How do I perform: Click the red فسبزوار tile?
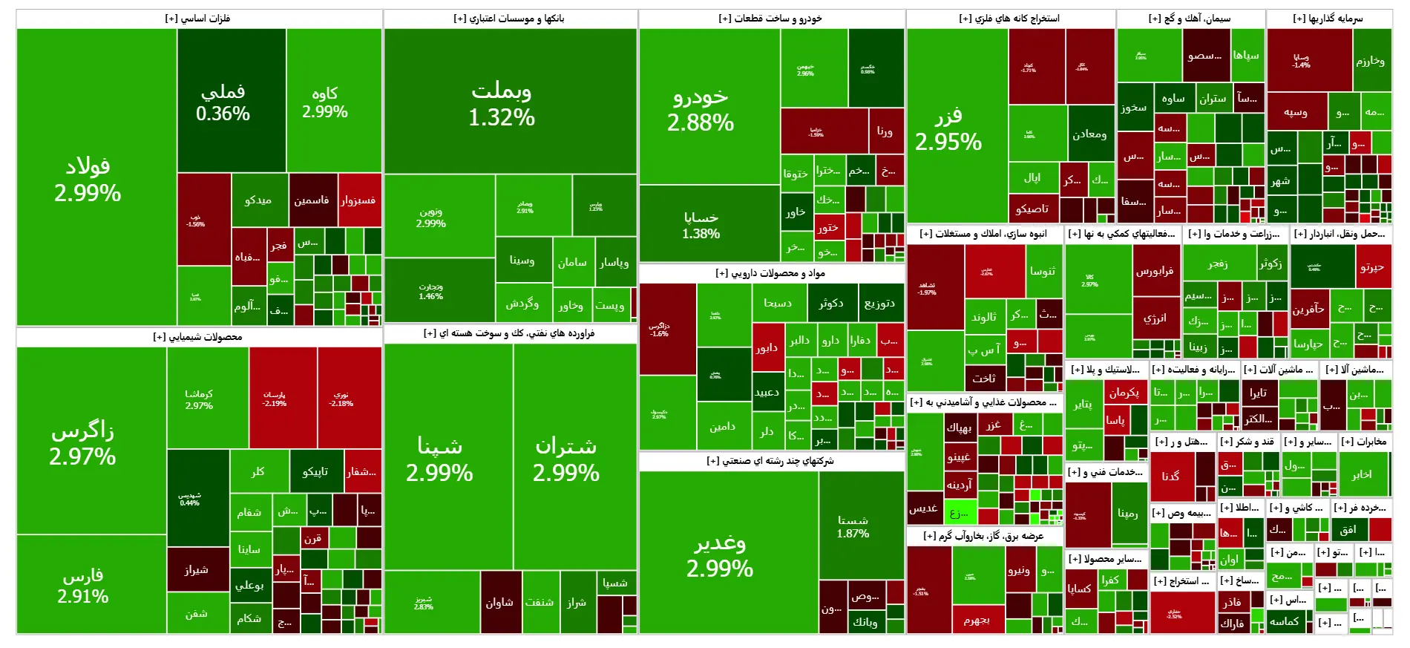359,200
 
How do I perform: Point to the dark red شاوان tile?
500,602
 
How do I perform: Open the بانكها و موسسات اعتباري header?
510,19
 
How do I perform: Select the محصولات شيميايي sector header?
198,337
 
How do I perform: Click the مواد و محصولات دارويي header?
771,273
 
